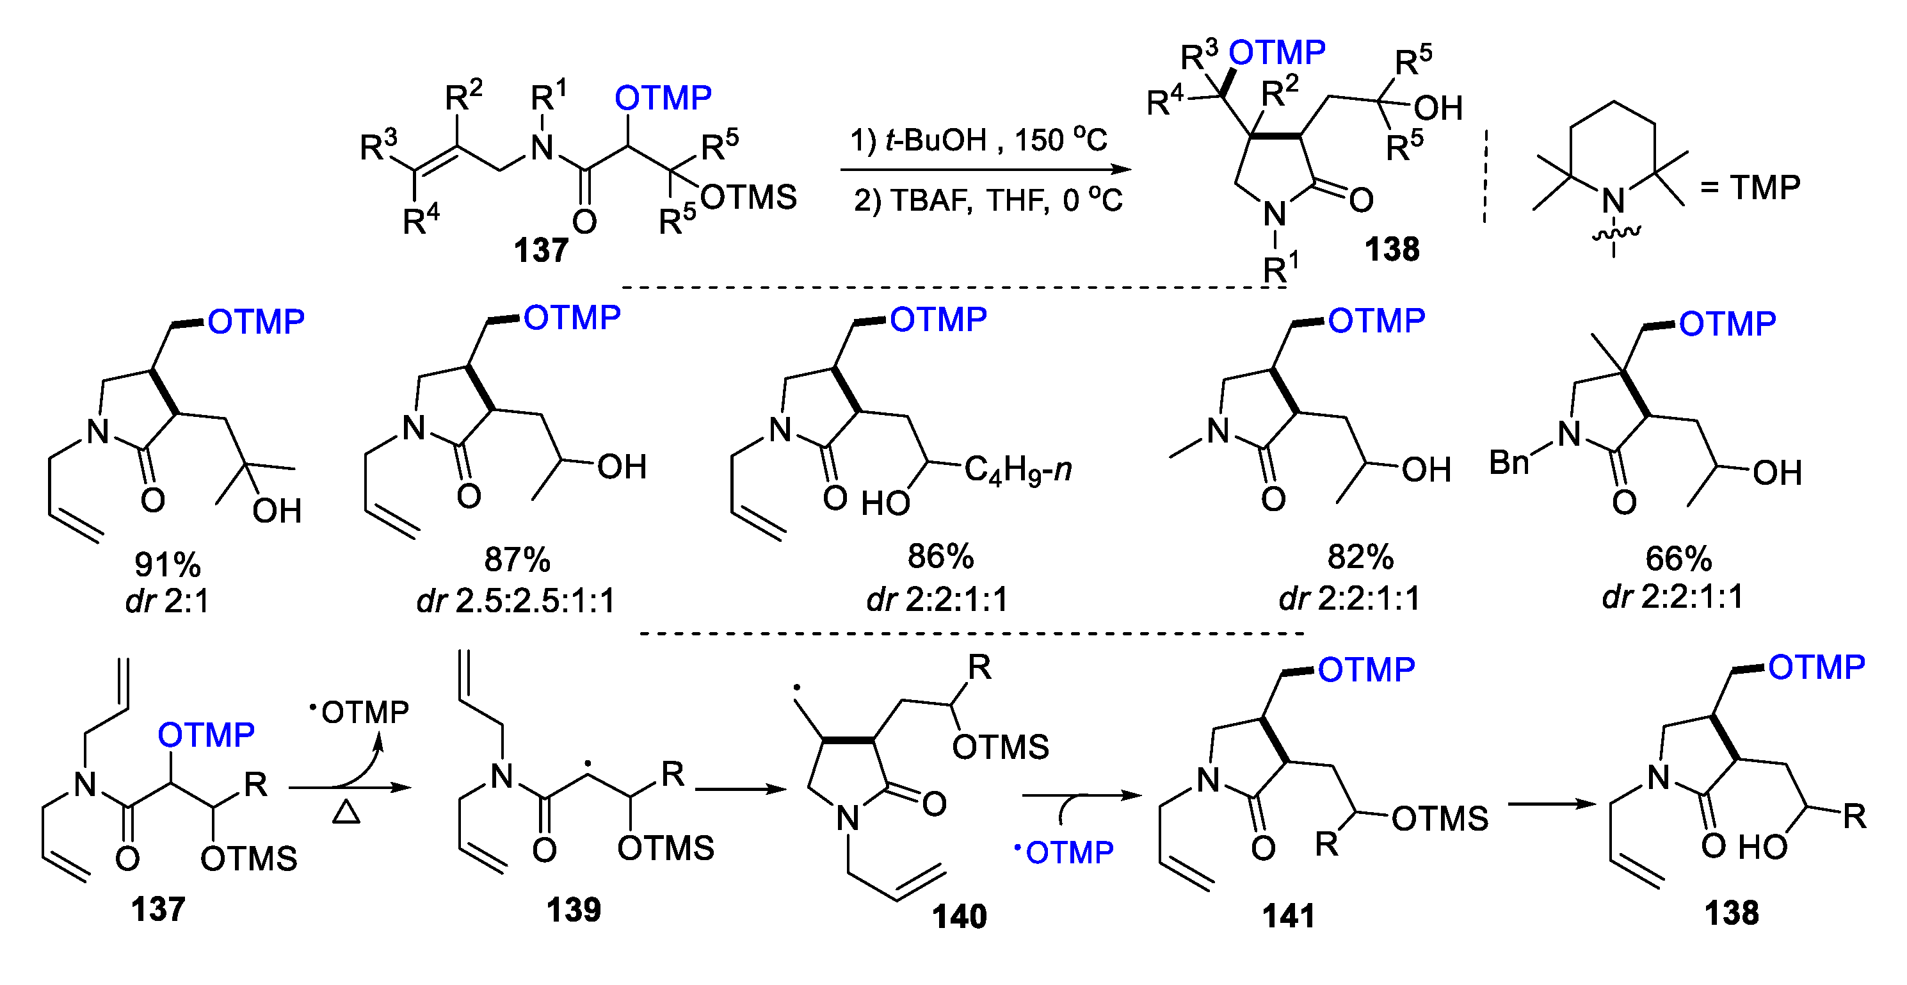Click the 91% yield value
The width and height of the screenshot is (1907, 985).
167,564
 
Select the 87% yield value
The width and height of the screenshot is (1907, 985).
517,559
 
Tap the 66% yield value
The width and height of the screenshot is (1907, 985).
1678,558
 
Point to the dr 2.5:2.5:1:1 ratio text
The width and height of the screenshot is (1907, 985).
516,601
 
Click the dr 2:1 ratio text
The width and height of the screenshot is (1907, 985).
167,601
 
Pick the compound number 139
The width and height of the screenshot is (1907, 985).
574,909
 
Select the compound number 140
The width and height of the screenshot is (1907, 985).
959,916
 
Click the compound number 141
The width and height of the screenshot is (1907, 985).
1289,916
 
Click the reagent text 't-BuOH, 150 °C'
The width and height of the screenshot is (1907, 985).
979,139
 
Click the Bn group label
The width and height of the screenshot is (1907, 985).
1509,463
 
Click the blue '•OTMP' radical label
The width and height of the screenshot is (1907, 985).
1064,852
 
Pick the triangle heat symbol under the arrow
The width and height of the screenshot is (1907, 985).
346,813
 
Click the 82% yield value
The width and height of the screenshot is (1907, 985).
1360,558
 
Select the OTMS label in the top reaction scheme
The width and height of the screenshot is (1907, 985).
748,198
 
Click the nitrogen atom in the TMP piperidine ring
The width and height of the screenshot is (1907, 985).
1614,200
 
